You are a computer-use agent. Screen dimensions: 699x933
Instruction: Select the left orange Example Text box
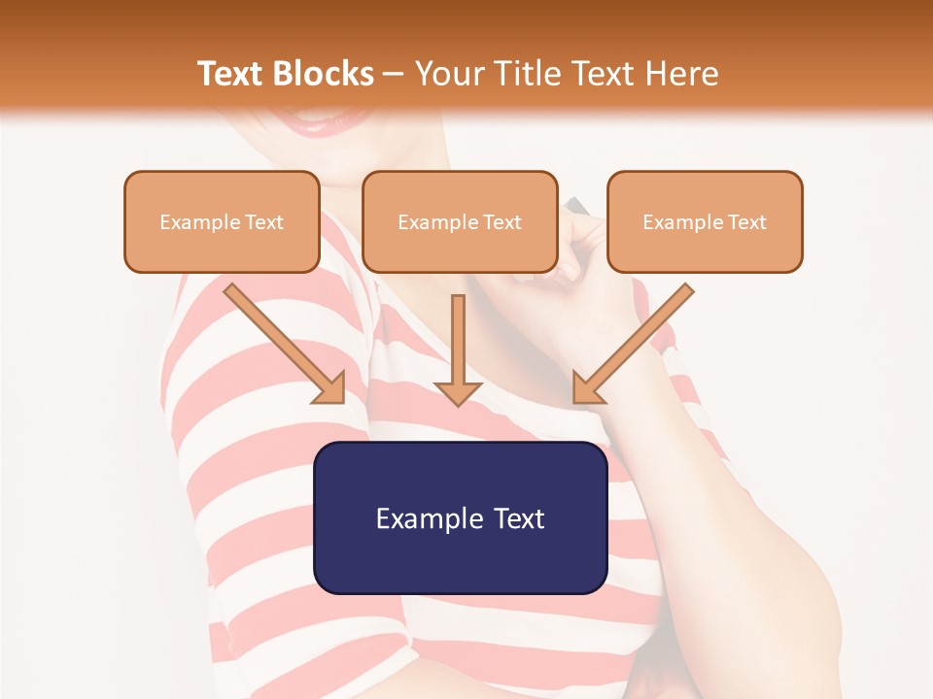click(x=222, y=222)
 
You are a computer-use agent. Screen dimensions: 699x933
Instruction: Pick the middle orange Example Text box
click(x=460, y=222)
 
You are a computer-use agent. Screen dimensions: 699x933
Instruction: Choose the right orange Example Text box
click(x=705, y=222)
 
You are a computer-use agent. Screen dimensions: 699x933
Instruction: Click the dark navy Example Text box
click(x=460, y=517)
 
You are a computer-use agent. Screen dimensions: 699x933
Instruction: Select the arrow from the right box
click(x=632, y=345)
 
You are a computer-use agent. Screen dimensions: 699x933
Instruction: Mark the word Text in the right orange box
click(x=747, y=222)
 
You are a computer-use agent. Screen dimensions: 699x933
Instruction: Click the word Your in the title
click(x=446, y=74)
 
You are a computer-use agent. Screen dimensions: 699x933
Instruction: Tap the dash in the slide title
click(x=394, y=74)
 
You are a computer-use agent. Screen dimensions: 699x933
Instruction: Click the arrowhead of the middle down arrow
click(x=458, y=392)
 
